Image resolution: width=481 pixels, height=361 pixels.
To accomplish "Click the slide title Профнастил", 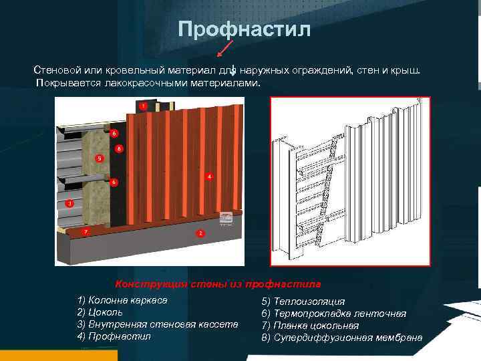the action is click(244, 29).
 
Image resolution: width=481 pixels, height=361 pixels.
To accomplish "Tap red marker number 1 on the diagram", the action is click(142, 106).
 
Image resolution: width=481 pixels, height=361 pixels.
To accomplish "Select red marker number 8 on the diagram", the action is click(119, 148).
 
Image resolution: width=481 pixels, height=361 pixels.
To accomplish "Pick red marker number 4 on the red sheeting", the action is click(209, 176).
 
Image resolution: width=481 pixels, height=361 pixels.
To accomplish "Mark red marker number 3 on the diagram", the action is click(69, 203).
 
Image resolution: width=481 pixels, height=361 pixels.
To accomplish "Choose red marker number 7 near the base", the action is click(85, 231).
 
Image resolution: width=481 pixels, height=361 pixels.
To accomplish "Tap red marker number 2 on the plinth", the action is click(200, 233).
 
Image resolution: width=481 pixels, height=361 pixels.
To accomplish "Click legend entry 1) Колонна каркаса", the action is click(122, 299).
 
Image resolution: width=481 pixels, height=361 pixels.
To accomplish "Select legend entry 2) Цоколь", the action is click(100, 312).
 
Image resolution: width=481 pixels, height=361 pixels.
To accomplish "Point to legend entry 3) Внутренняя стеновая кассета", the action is click(158, 324).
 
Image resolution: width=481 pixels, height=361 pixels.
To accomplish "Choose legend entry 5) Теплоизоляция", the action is click(303, 302).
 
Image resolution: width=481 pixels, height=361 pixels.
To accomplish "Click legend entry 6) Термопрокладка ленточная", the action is click(333, 314).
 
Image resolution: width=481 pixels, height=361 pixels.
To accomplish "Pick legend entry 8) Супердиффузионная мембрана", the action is click(341, 338).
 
